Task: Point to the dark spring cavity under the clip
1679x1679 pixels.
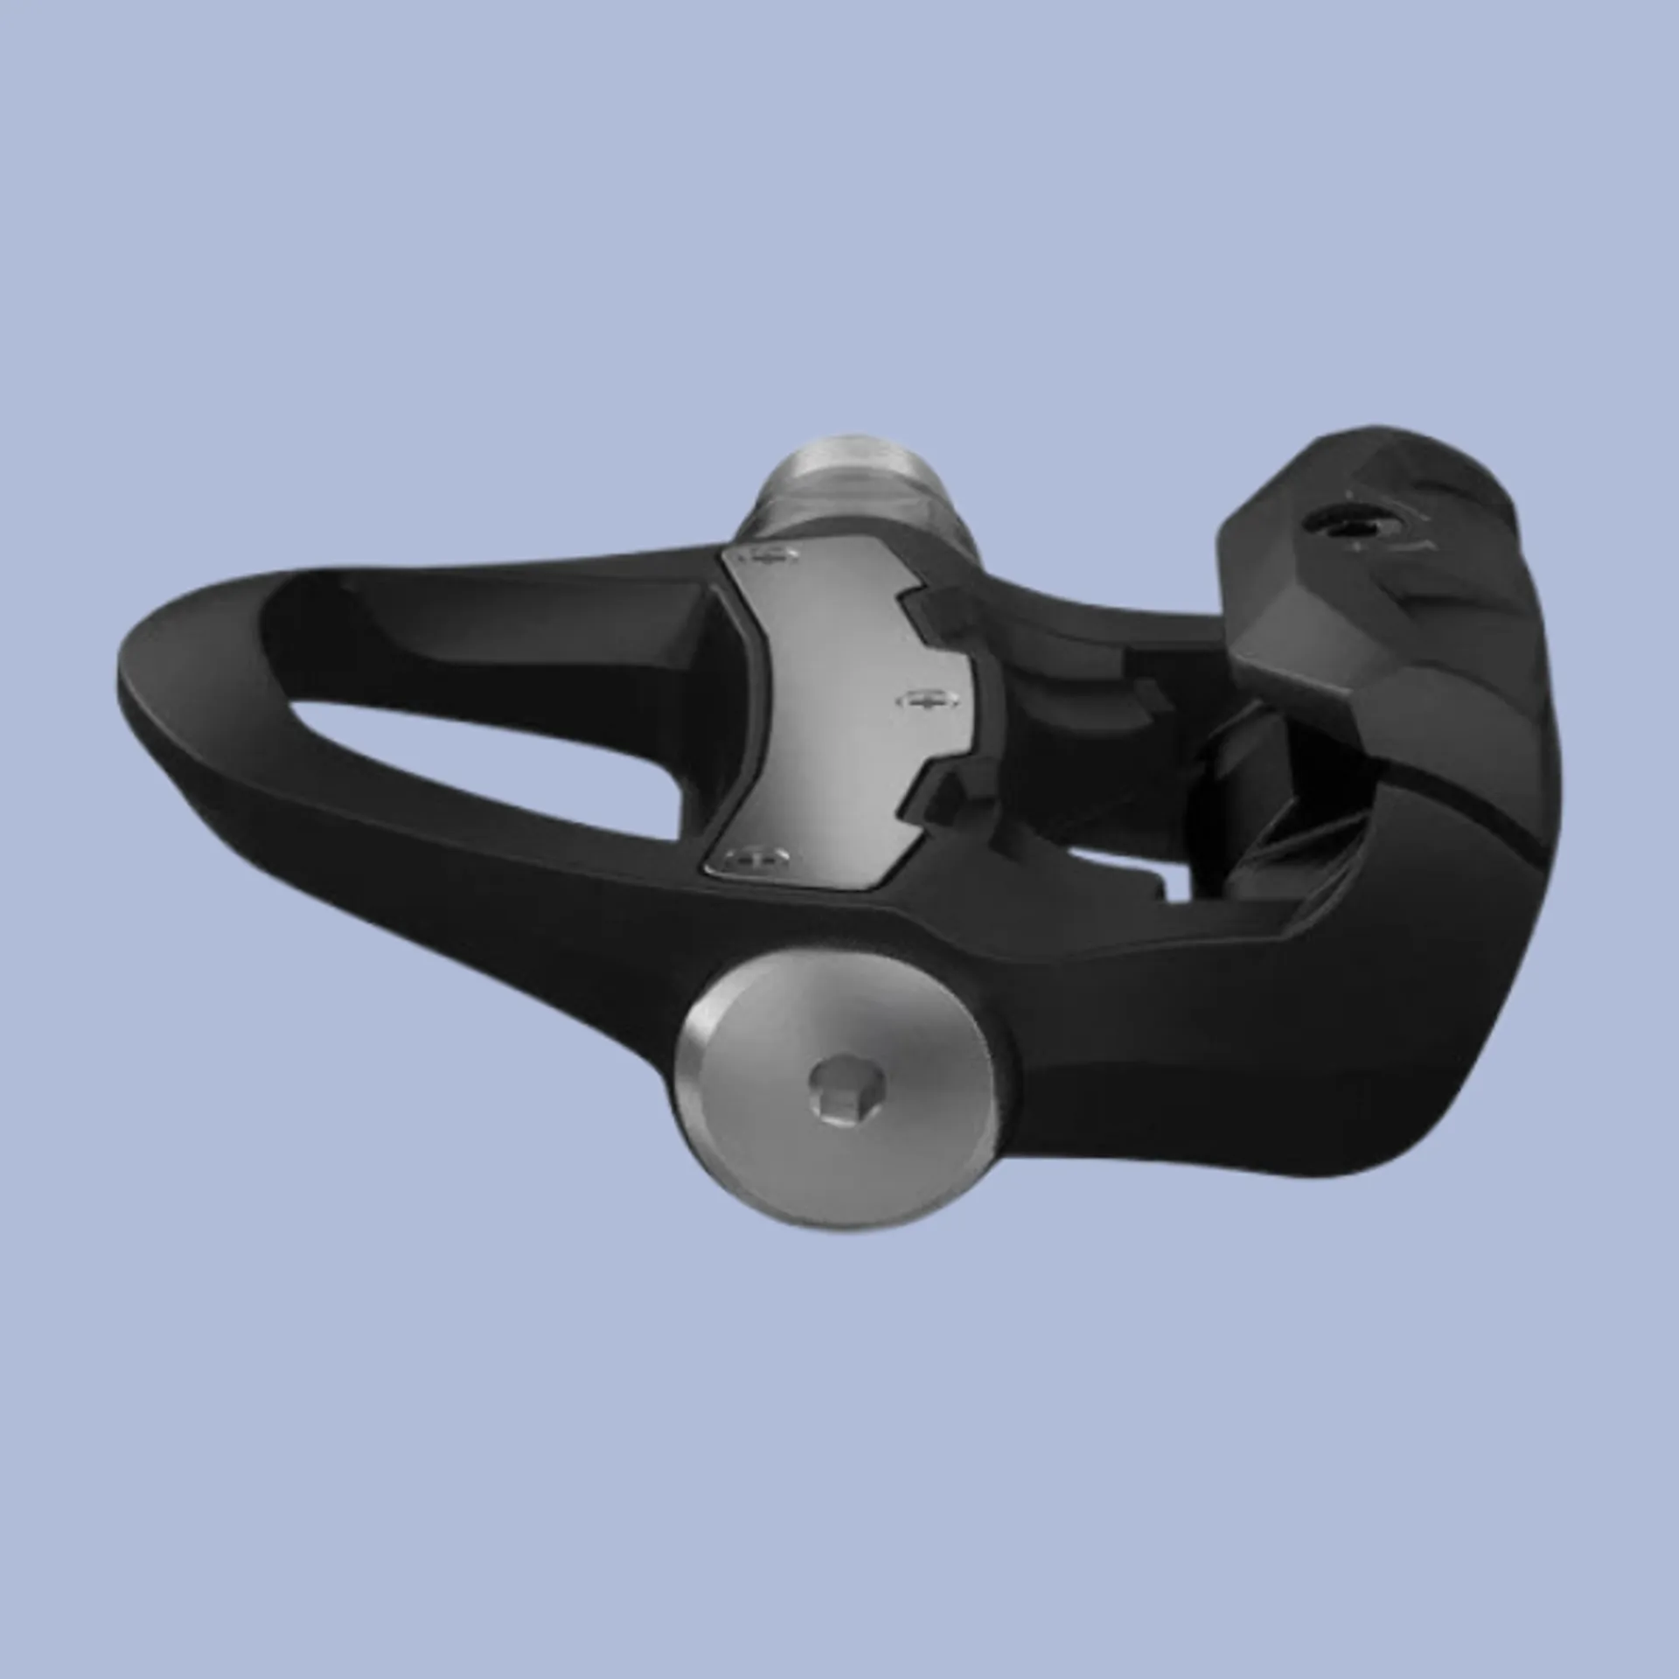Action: coord(1242,770)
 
